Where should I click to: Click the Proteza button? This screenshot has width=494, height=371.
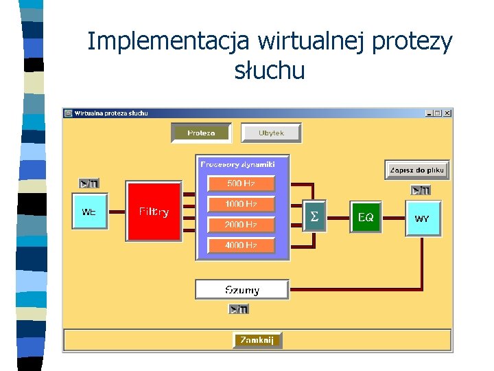coord(202,133)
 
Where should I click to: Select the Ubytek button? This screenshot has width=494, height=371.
coord(271,133)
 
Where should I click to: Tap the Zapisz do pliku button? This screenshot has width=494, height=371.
coord(417,170)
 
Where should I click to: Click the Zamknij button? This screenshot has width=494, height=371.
coord(257,340)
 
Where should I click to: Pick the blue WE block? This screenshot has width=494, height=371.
coord(89,212)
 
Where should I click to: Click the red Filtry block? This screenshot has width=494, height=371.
coord(154,212)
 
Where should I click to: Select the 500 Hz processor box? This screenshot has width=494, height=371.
coord(241,183)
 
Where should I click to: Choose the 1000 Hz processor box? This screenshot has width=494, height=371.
coord(241,204)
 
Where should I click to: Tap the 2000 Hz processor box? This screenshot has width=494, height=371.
coord(241,225)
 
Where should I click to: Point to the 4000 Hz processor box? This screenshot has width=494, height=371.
coord(241,245)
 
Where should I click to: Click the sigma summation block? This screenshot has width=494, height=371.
coord(314,216)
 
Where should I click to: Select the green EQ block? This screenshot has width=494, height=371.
coord(366,217)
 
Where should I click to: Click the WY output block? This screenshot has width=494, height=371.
coord(423,218)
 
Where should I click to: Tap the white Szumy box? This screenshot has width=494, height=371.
coord(242,289)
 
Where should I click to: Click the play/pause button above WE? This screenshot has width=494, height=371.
coord(89,183)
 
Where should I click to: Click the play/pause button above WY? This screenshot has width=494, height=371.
coord(421,190)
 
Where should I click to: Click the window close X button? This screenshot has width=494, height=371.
coord(447,113)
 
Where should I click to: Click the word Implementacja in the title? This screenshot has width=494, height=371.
coord(169,42)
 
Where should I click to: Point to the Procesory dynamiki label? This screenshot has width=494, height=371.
coord(237,164)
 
